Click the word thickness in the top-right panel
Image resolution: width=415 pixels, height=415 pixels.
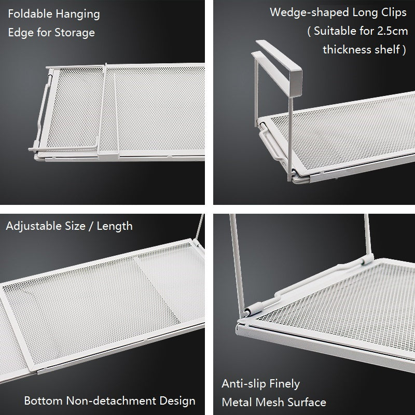click(345, 50)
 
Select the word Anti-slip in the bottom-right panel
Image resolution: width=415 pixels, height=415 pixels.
click(245, 384)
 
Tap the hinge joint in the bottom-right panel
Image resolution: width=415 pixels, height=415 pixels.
click(250, 311)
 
